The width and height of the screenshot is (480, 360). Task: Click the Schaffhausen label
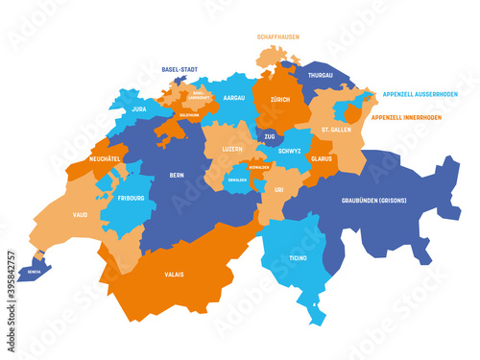[277, 37]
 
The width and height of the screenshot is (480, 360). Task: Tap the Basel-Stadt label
[180, 69]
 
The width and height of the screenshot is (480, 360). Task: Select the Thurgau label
[321, 74]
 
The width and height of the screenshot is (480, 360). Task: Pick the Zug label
[271, 137]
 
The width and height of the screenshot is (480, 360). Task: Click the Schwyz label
[290, 151]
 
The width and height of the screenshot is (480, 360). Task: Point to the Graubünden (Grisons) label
[372, 202]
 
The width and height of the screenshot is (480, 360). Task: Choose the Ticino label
[296, 259]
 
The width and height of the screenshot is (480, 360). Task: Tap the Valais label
[173, 275]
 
